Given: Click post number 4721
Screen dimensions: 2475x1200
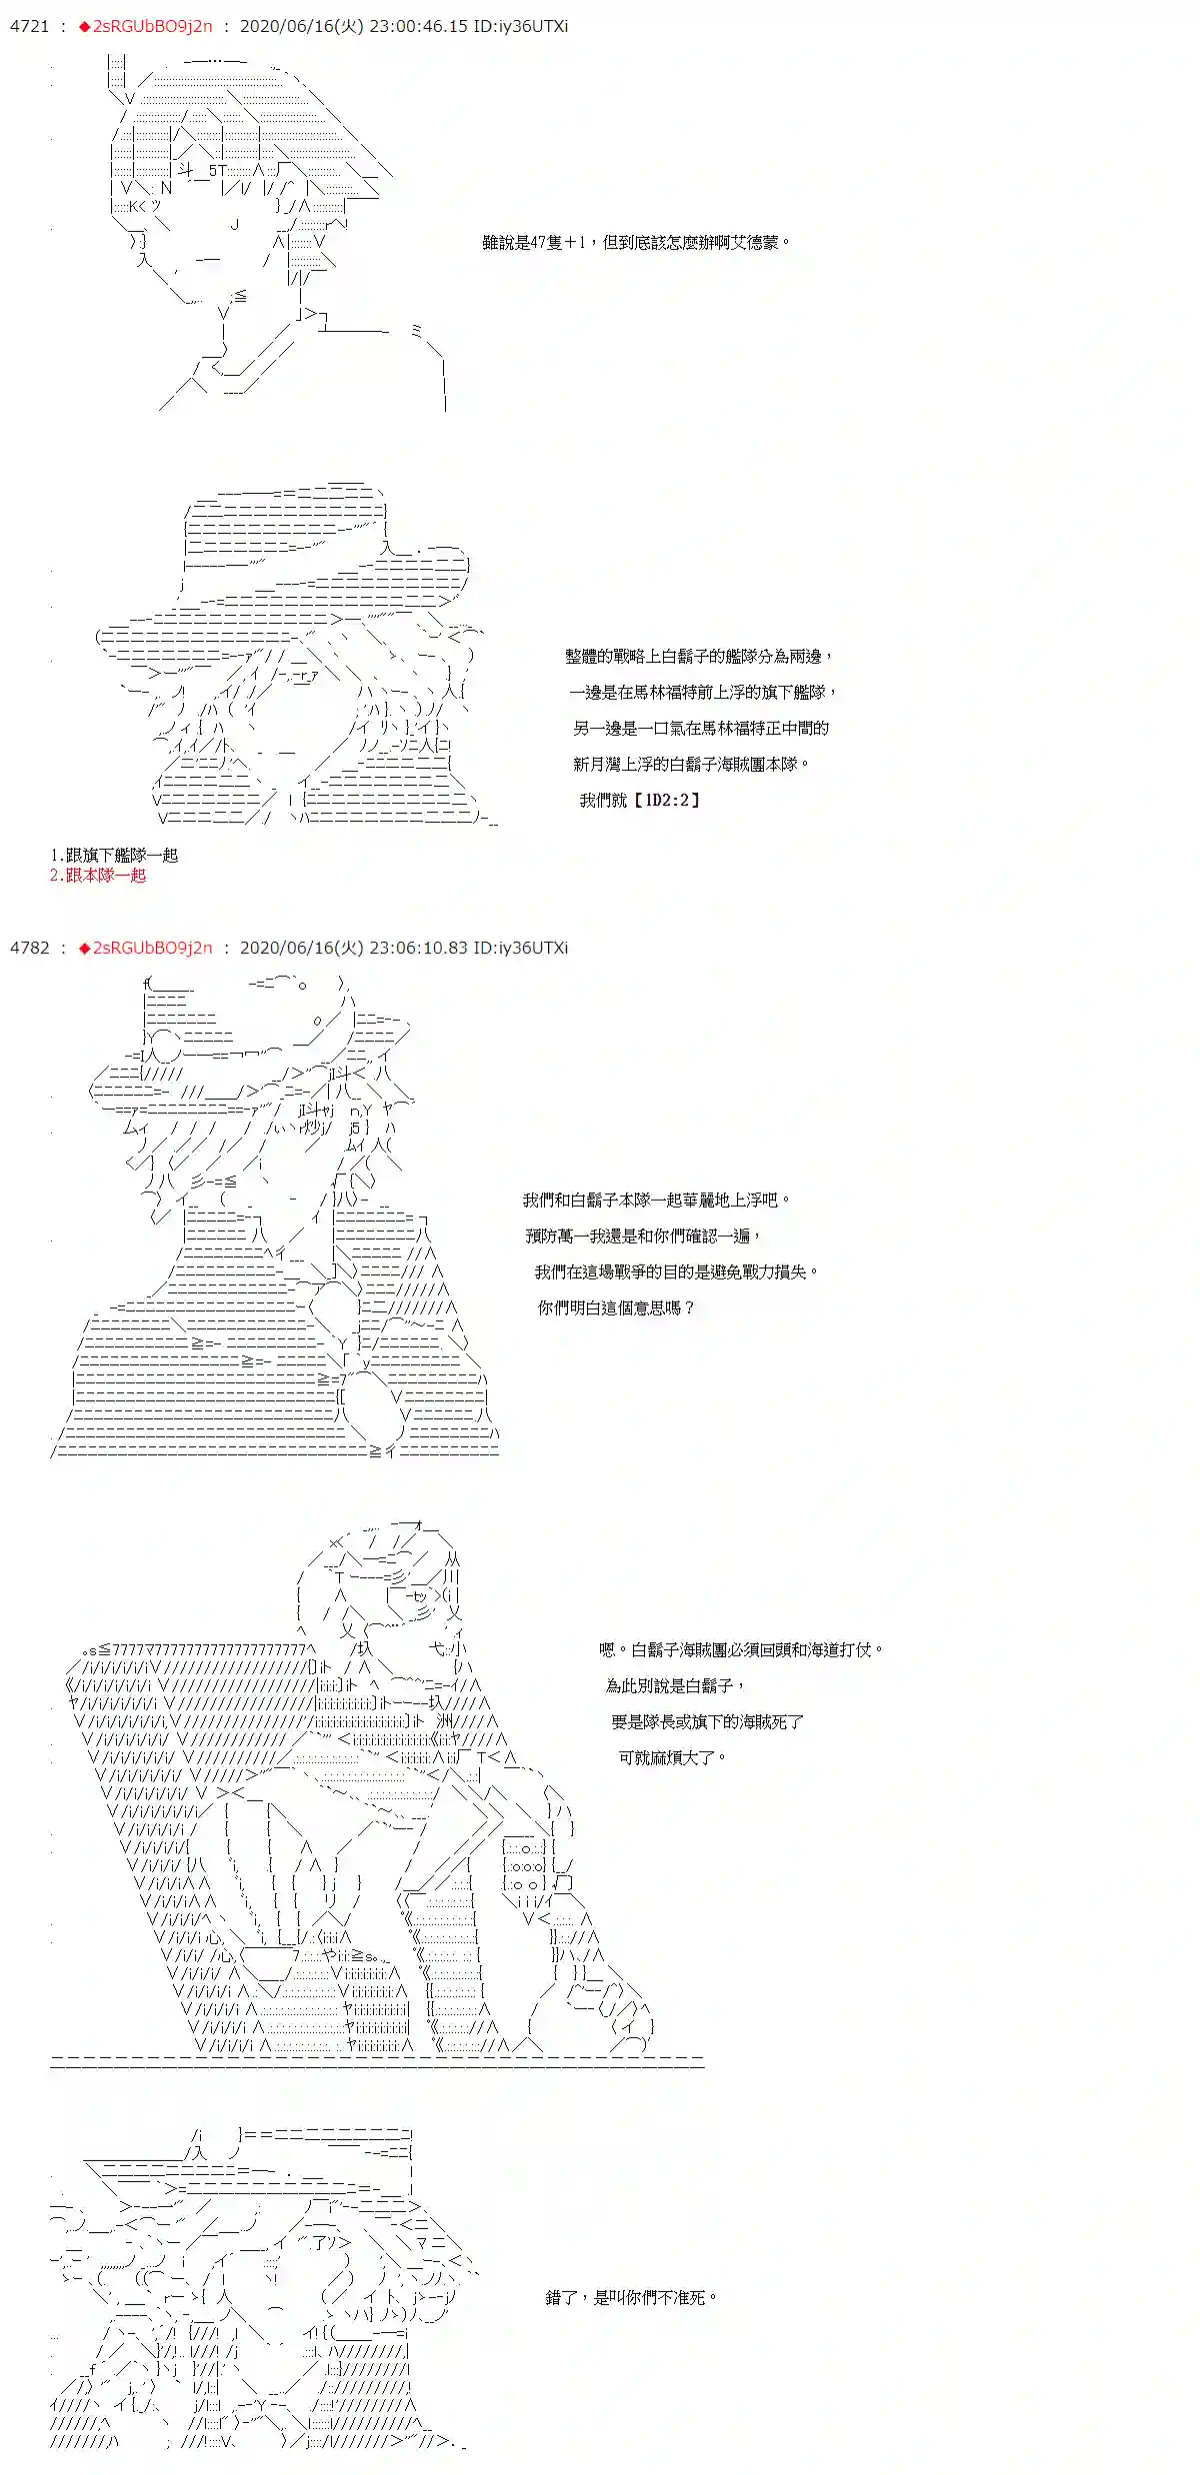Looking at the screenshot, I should [29, 27].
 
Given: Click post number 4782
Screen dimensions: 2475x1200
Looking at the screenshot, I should [29, 948].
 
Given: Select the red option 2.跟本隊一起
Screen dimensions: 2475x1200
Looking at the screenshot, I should [98, 876].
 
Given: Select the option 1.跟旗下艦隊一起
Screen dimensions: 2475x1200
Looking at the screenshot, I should [114, 856].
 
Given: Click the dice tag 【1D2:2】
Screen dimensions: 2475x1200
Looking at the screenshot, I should [667, 801].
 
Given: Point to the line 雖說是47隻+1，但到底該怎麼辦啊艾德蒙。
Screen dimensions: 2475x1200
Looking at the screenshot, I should [636, 243].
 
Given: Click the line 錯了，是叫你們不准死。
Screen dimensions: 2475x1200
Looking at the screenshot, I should [631, 2298].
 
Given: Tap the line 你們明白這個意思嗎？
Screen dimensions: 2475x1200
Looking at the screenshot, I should [615, 1308].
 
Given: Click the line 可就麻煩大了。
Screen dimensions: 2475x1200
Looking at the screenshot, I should [671, 1758].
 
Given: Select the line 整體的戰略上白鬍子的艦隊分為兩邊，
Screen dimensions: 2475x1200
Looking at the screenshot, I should [698, 657].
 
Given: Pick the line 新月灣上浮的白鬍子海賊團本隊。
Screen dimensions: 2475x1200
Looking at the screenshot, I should [690, 765].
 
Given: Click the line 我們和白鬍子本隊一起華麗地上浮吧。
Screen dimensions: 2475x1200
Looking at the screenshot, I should [656, 1201].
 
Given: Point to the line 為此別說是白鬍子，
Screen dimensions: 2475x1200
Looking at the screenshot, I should [675, 1686].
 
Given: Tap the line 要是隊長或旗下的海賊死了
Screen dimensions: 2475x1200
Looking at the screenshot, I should [707, 1722].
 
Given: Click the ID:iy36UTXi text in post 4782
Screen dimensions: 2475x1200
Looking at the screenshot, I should [520, 948].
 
